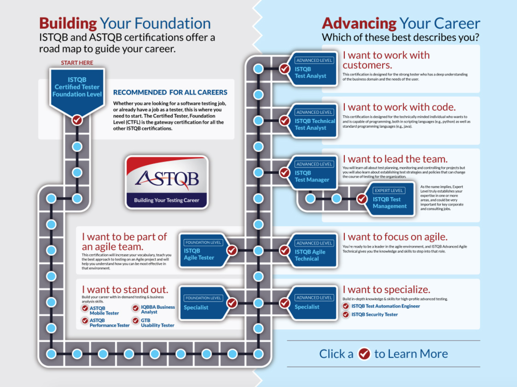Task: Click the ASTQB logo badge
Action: (167, 182)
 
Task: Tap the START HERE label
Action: (77, 63)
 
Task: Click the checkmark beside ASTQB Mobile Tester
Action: (85, 309)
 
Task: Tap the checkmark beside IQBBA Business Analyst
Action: (135, 308)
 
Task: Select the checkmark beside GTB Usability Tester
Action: (135, 320)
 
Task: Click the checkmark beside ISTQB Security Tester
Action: (346, 314)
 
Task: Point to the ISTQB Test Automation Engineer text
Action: (385, 306)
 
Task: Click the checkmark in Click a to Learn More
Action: (364, 354)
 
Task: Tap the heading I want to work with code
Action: (399, 107)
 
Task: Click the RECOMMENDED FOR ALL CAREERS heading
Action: (170, 93)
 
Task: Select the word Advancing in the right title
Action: (359, 24)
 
